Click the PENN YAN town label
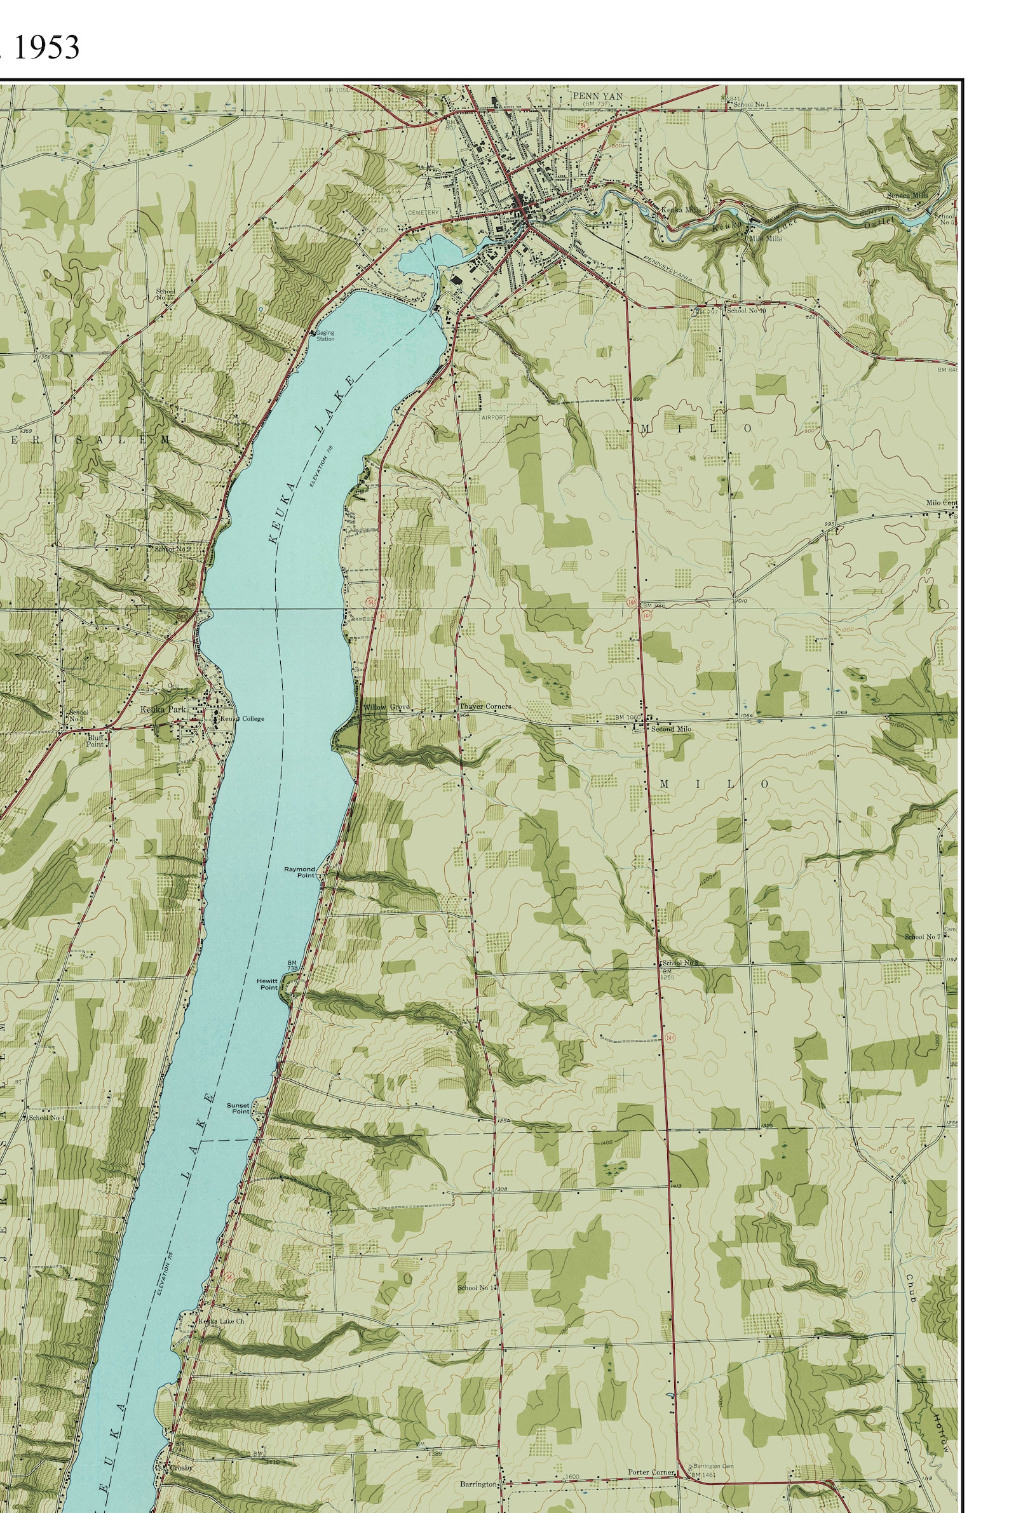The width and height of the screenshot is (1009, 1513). tap(597, 96)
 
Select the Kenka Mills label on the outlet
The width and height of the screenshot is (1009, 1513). tap(680, 210)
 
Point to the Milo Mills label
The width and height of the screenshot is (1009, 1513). tap(765, 238)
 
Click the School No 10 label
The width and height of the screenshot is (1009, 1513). tap(746, 311)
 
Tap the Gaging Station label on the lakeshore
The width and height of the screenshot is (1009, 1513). tap(325, 336)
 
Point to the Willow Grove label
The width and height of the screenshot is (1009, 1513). tap(386, 707)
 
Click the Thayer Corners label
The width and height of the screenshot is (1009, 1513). tap(485, 706)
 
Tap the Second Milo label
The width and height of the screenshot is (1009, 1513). tap(670, 729)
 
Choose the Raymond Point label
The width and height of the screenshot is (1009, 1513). tap(300, 871)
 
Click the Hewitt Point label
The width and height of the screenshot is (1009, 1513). tap(267, 985)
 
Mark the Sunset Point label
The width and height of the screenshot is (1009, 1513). tap(238, 1108)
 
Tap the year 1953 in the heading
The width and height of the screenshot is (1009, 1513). tap(45, 48)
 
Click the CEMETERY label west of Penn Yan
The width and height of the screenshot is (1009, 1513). tap(423, 212)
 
